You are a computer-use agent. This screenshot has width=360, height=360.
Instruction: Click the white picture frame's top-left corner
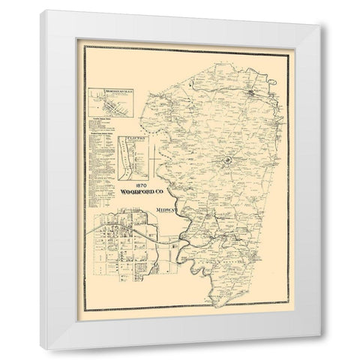click(x=42, y=11)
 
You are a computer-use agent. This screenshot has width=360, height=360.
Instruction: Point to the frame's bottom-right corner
click(x=321, y=349)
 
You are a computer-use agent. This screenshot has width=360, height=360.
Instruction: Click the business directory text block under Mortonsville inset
click(x=101, y=146)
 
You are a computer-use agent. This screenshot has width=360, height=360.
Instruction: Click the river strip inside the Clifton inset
click(x=127, y=157)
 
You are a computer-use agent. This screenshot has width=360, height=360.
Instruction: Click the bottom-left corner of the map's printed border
click(x=84, y=309)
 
